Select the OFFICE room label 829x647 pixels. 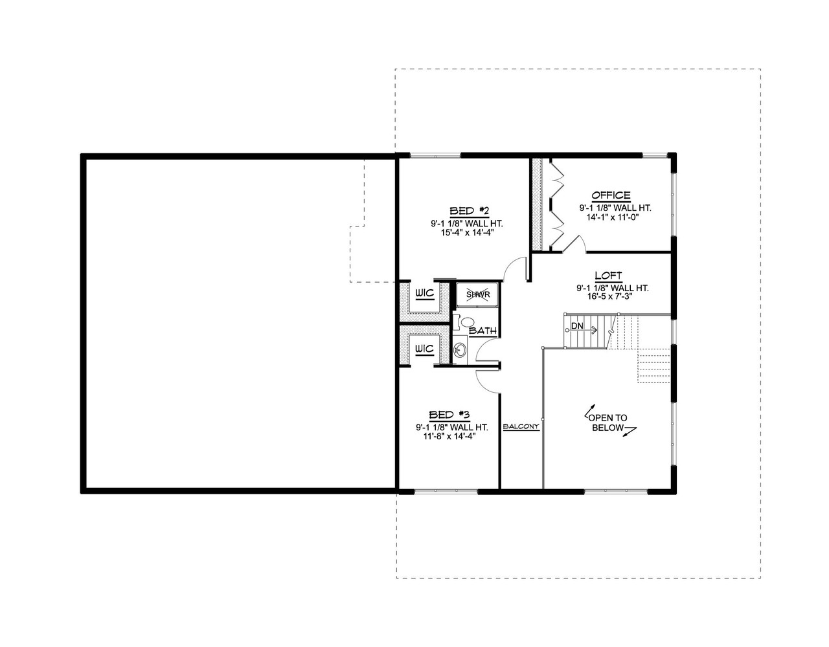click(610, 195)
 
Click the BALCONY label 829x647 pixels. click(521, 427)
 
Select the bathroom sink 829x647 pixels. click(459, 351)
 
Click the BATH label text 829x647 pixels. click(483, 331)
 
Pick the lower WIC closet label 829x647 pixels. click(424, 349)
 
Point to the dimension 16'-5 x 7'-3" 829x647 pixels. click(612, 298)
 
